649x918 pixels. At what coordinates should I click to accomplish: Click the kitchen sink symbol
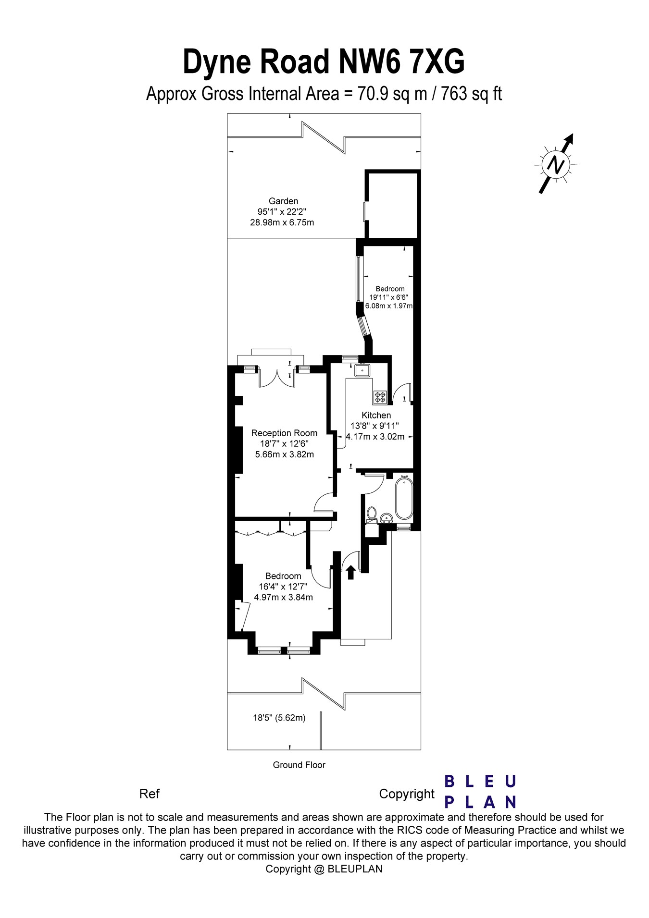pyautogui.click(x=362, y=371)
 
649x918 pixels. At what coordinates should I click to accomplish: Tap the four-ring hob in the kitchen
pyautogui.click(x=380, y=397)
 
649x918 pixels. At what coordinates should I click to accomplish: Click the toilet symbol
pyautogui.click(x=371, y=514)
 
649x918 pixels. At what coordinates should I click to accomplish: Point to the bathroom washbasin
pyautogui.click(x=386, y=518)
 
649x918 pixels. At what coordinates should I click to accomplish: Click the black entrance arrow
pyautogui.click(x=350, y=572)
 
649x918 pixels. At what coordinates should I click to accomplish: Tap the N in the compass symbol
pyautogui.click(x=556, y=165)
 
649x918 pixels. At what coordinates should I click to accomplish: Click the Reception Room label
pyautogui.click(x=284, y=433)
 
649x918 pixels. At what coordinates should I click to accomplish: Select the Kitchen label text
pyautogui.click(x=376, y=415)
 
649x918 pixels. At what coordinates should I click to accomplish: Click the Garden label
pyautogui.click(x=283, y=201)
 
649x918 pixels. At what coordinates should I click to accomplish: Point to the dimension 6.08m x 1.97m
pyautogui.click(x=389, y=306)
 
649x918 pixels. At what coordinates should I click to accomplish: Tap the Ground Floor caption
pyautogui.click(x=299, y=765)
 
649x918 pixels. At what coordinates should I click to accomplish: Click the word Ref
pyautogui.click(x=149, y=794)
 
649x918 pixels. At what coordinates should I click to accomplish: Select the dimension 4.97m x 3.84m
pyautogui.click(x=283, y=597)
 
